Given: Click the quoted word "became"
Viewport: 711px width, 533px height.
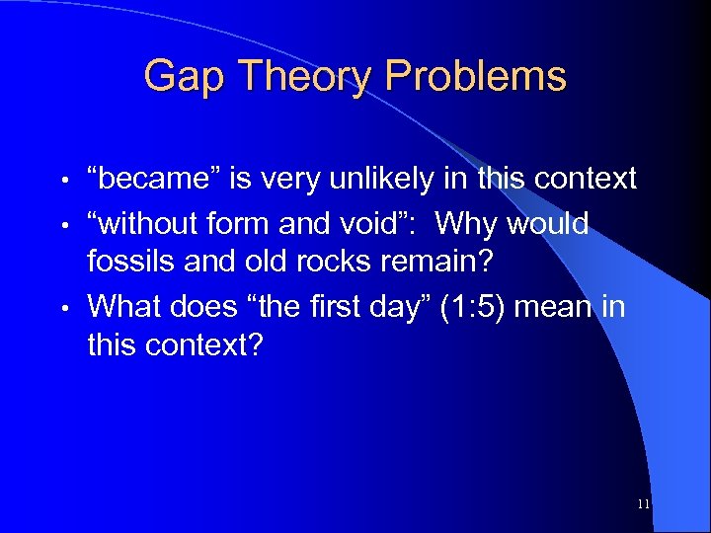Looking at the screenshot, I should (152, 179).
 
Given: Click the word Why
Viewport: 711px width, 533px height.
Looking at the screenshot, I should (467, 224).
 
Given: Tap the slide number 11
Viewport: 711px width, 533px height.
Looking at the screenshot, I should (644, 504).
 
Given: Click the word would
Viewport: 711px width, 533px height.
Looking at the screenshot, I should (548, 224).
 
